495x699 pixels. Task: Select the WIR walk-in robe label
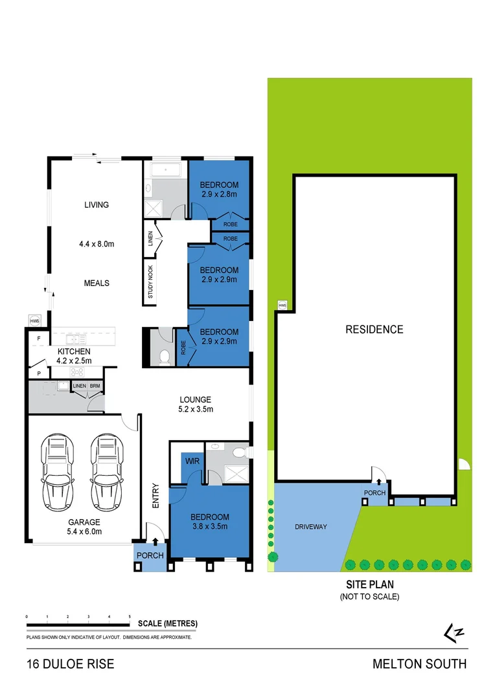192,461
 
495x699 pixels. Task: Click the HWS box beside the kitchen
34,320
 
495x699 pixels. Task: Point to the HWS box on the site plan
282,304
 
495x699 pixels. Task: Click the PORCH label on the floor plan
150,555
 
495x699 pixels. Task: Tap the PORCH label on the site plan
374,493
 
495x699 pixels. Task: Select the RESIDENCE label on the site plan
374,329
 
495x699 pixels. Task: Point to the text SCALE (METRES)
167,623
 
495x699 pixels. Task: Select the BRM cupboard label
95,386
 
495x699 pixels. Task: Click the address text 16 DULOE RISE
70,664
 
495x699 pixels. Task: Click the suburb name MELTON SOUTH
419,664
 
